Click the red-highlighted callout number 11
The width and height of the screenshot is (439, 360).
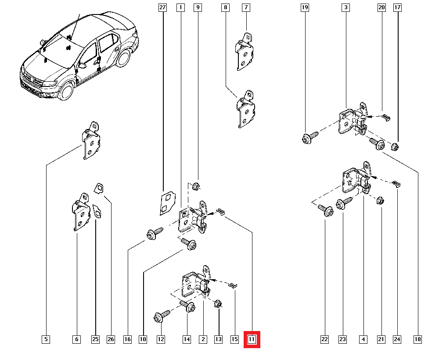[x=252, y=339]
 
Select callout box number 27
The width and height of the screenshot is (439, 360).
[x=163, y=7]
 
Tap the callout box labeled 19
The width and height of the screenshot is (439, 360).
[x=305, y=7]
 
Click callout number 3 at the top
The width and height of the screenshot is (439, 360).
[x=346, y=7]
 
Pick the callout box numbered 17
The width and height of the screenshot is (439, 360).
[x=398, y=7]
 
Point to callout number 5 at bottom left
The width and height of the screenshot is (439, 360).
[x=46, y=339]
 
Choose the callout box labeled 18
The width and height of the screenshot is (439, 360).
[x=417, y=339]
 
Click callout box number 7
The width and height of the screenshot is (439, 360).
[x=246, y=7]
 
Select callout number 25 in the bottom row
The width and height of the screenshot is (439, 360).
[x=95, y=339]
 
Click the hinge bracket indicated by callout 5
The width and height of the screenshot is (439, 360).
[x=91, y=143]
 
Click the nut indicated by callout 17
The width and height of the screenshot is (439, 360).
[x=394, y=147]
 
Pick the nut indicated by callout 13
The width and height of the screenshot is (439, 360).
[x=218, y=303]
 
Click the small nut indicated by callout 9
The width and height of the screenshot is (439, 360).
[x=196, y=186]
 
